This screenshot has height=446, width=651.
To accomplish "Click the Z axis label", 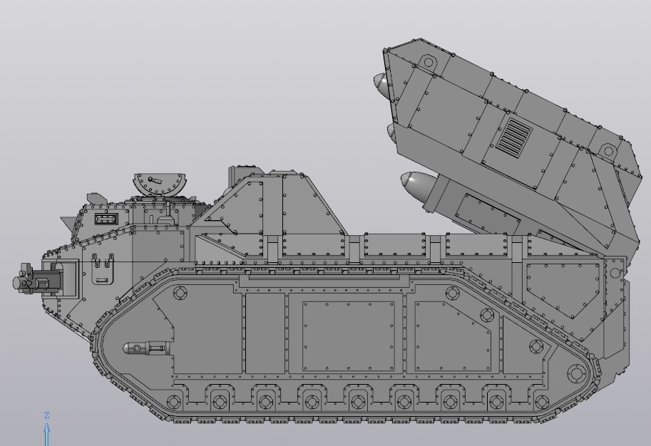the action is tap(47, 415).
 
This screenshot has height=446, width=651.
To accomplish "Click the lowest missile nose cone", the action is tap(414, 185).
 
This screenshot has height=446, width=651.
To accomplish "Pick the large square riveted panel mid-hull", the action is tap(348, 336).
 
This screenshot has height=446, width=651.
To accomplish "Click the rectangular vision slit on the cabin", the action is tap(105, 218).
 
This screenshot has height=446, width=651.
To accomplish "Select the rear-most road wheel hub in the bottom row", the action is tap(540, 402).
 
